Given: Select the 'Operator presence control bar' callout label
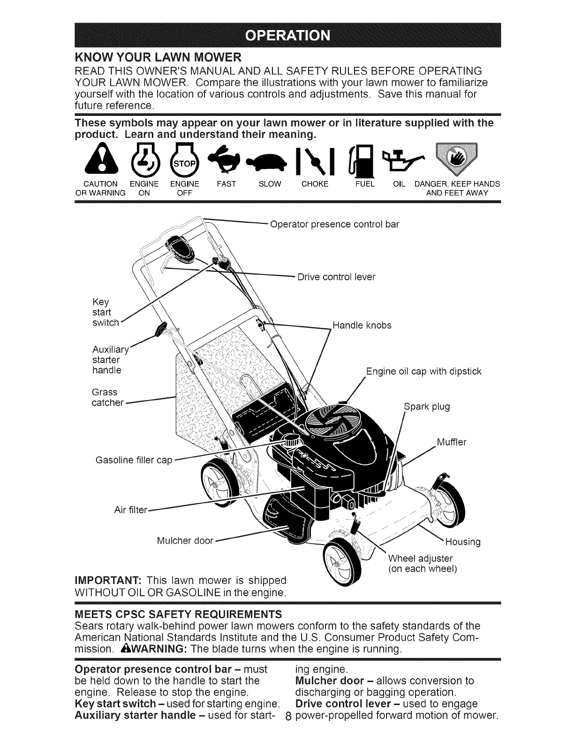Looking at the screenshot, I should coord(335,224).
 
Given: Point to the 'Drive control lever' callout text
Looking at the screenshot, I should coord(337,277).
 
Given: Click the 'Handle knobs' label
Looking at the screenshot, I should coord(362,325).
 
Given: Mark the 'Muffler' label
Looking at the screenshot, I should coord(452,442).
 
